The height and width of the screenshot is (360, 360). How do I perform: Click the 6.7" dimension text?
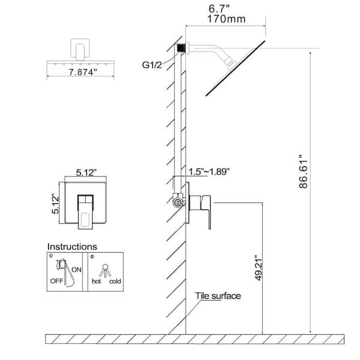[219, 9]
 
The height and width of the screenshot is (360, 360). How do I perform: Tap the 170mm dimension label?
[226, 19]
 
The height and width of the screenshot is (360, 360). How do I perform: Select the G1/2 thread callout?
[152, 65]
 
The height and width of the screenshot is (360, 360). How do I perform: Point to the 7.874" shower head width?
[83, 73]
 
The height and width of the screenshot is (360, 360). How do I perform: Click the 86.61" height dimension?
[303, 171]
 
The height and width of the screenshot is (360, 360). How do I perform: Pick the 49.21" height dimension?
[259, 267]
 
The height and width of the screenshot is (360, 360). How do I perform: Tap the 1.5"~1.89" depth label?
[209, 172]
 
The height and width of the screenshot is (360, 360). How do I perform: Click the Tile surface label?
[218, 296]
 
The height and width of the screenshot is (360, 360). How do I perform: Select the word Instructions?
[72, 247]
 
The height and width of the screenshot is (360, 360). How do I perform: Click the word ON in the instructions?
[76, 269]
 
